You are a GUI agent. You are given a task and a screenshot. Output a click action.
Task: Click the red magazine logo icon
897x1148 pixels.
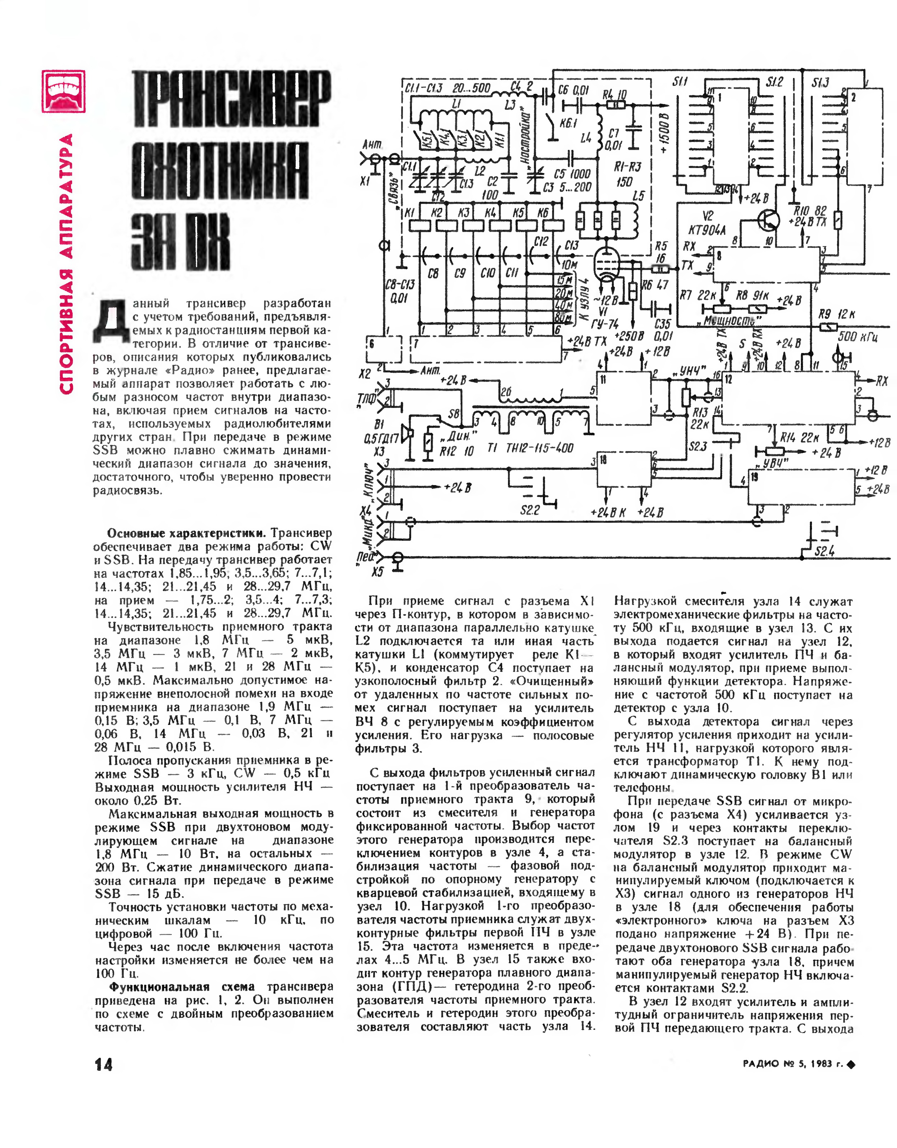(64, 92)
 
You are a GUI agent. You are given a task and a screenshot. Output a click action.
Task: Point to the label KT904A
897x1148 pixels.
(707, 230)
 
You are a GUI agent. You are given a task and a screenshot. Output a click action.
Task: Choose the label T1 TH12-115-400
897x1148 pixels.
(530, 448)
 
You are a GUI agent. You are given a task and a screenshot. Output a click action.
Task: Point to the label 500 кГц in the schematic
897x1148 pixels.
(857, 336)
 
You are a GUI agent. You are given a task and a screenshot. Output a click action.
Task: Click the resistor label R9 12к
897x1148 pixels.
(837, 314)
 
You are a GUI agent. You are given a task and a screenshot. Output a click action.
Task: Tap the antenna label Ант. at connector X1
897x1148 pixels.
(372, 145)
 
